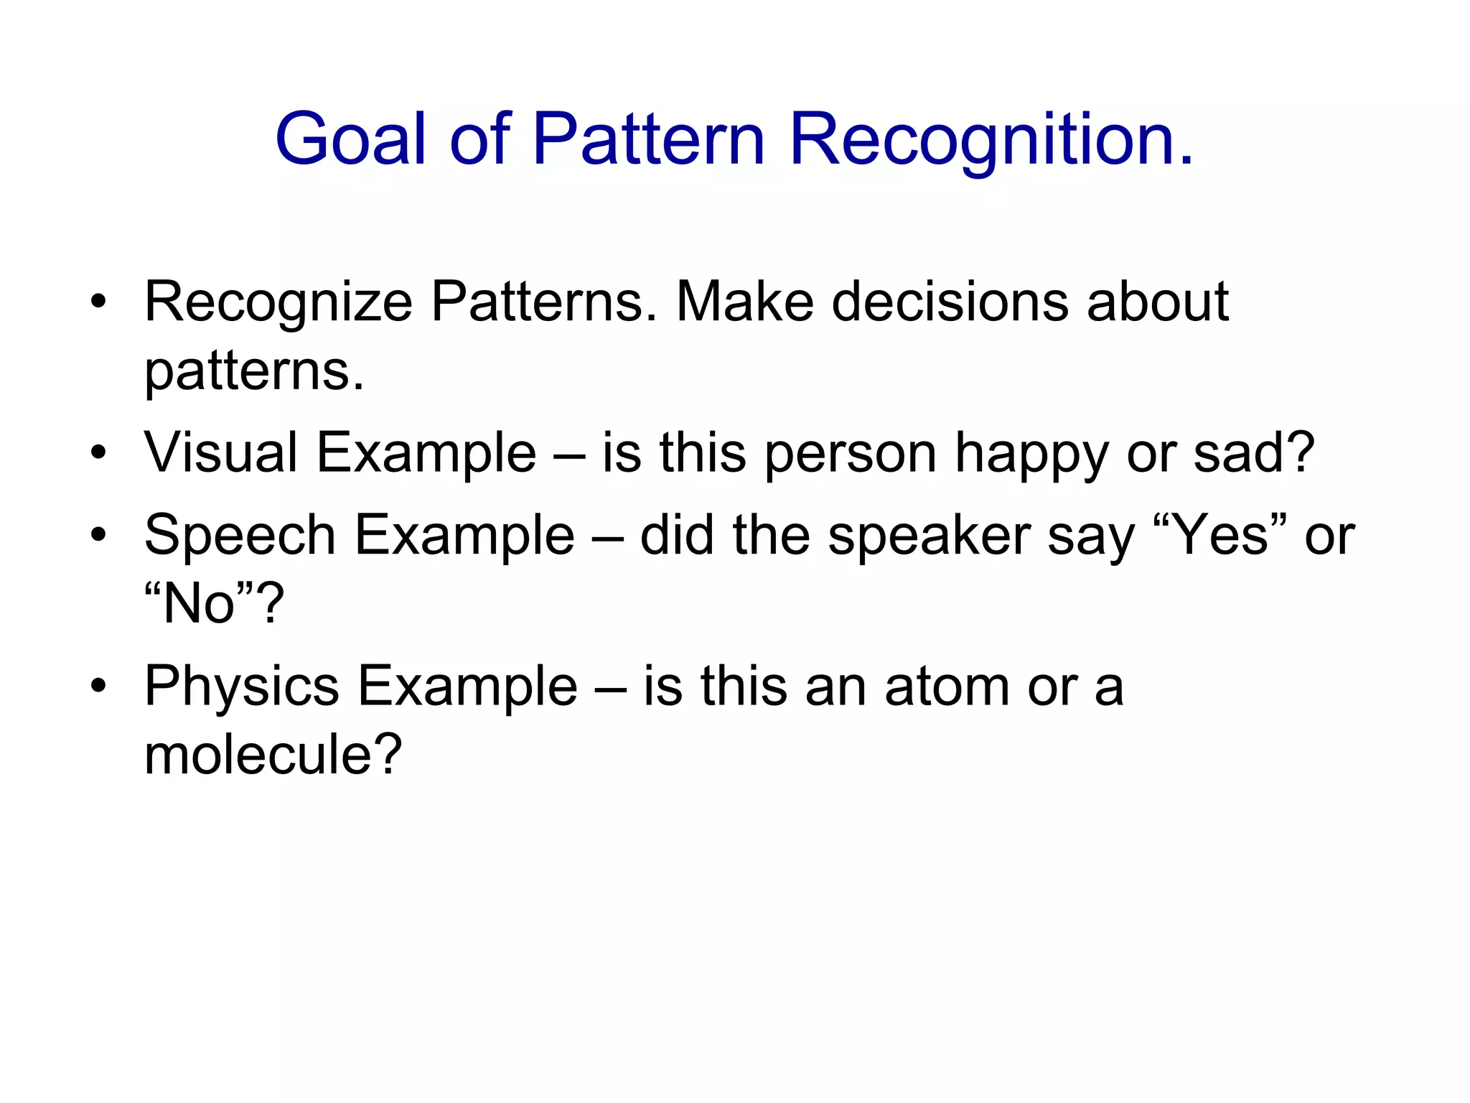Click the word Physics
pyautogui.click(x=241, y=687)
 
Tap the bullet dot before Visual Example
pyautogui.click(x=98, y=453)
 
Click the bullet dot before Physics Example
pyautogui.click(x=98, y=686)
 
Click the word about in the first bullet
pyautogui.click(x=1157, y=302)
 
